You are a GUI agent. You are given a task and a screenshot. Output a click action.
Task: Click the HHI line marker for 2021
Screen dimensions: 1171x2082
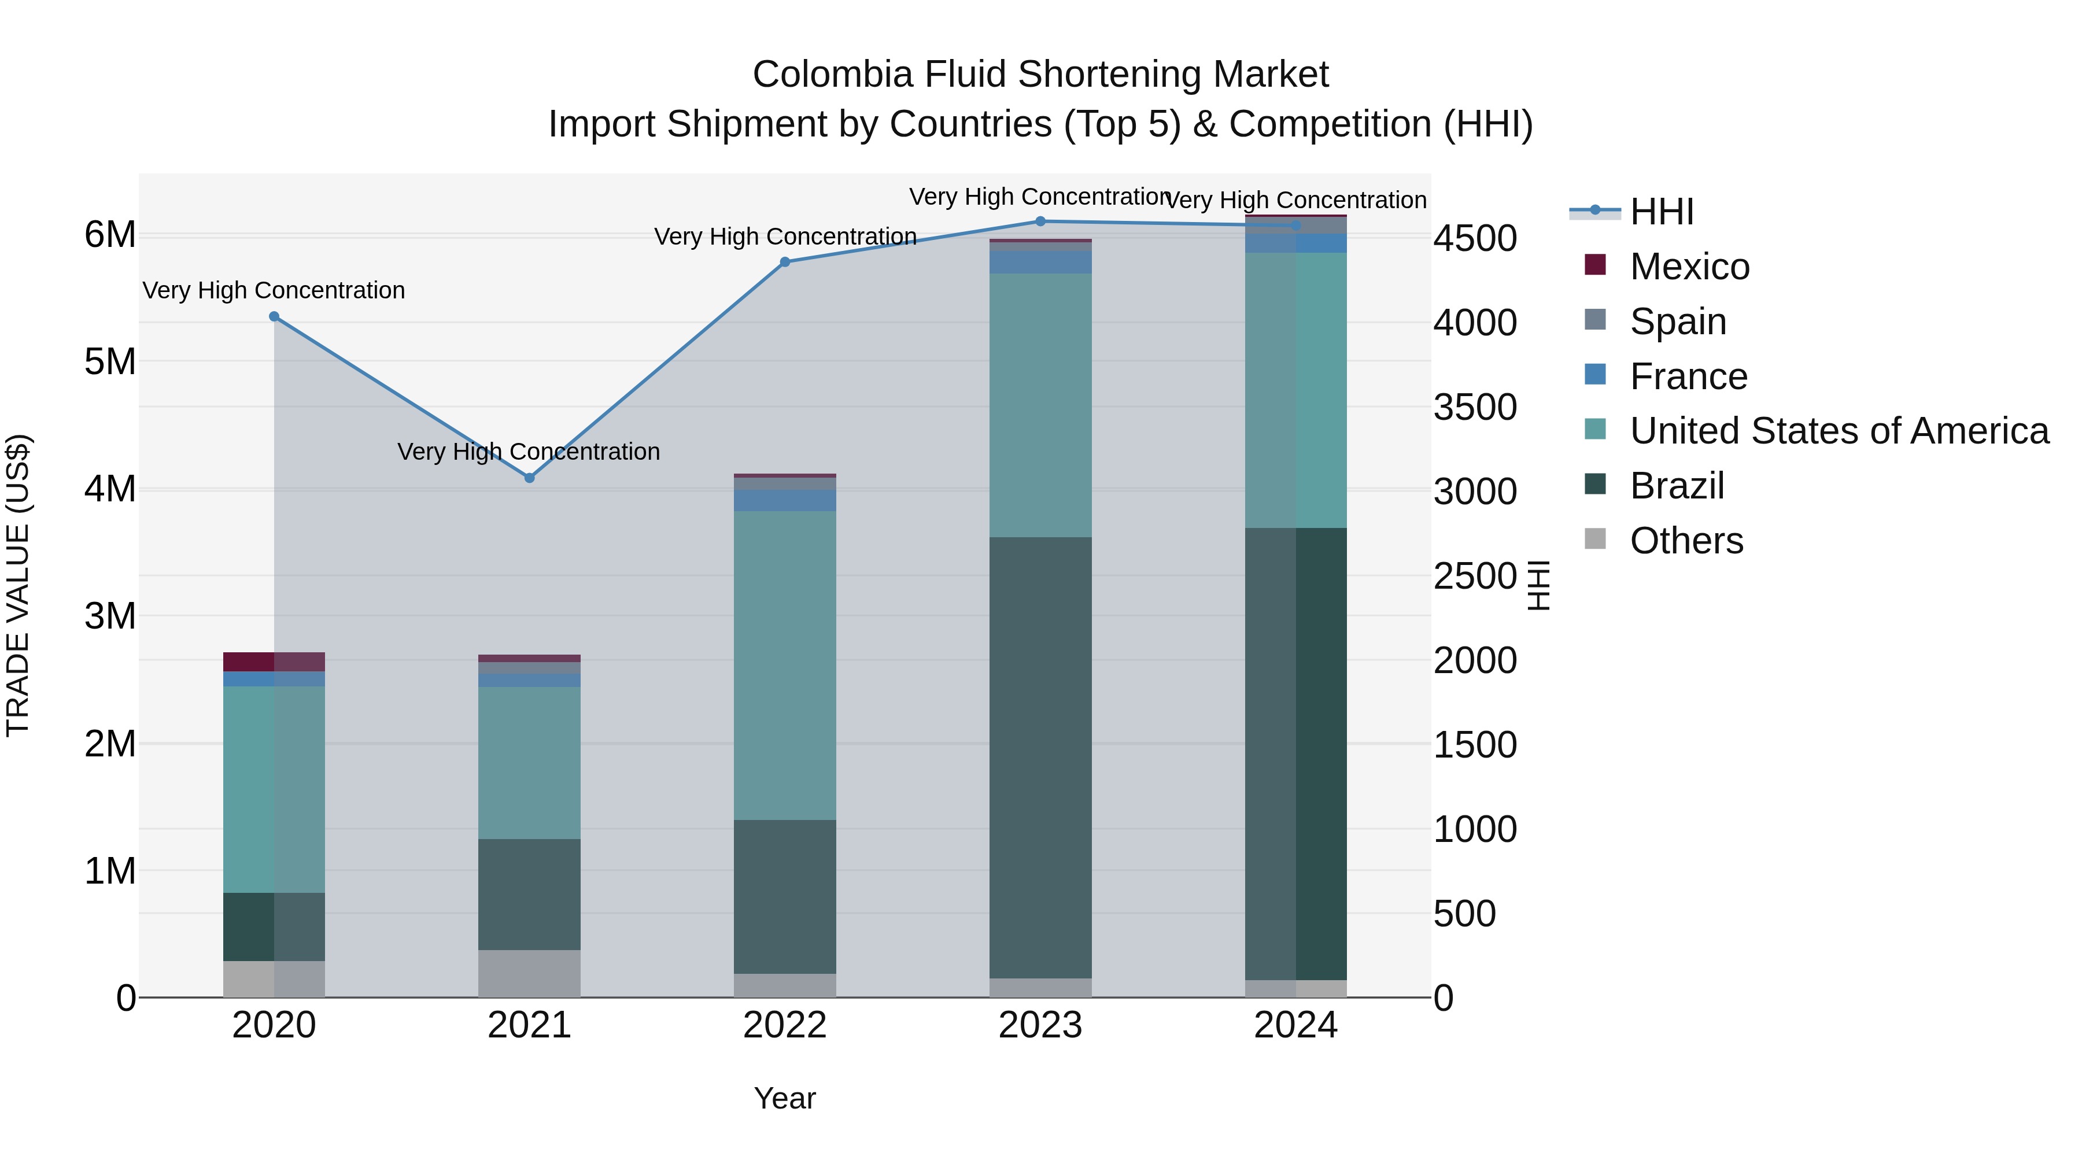pyautogui.click(x=529, y=478)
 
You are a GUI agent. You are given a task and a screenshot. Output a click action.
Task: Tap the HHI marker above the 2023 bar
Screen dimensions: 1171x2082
pyautogui.click(x=1040, y=221)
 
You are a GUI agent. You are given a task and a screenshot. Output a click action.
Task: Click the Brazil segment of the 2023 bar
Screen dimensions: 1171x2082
pyautogui.click(x=1040, y=757)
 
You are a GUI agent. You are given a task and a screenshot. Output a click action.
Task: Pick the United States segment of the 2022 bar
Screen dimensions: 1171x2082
pyautogui.click(x=785, y=665)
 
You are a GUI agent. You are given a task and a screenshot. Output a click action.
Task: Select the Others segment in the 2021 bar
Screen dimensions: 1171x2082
pyautogui.click(x=529, y=974)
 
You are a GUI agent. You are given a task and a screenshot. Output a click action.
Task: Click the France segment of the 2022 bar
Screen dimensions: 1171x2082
pyautogui.click(x=785, y=500)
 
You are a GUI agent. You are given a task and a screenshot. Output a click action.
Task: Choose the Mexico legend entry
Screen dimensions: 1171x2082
pyautogui.click(x=1689, y=267)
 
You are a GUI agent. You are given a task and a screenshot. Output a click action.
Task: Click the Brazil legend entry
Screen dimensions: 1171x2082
pyautogui.click(x=1677, y=486)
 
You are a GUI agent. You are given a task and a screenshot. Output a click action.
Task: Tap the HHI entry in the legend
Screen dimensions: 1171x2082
pyautogui.click(x=1662, y=212)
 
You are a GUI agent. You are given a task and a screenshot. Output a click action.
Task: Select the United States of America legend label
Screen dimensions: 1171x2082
pyautogui.click(x=1839, y=431)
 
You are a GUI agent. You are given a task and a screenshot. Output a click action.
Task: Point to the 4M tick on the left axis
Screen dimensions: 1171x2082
pyautogui.click(x=110, y=489)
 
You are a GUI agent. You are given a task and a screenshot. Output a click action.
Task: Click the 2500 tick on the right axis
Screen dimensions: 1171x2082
pyautogui.click(x=1475, y=576)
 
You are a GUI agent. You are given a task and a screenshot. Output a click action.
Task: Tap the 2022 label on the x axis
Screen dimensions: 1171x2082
pyautogui.click(x=785, y=1025)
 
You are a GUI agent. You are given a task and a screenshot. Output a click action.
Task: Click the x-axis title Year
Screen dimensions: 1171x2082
pyautogui.click(x=785, y=1098)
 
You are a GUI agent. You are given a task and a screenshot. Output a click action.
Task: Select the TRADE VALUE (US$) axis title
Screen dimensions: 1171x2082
pyautogui.click(x=18, y=585)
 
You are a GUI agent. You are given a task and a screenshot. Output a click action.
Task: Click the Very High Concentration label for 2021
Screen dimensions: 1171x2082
pyautogui.click(x=529, y=452)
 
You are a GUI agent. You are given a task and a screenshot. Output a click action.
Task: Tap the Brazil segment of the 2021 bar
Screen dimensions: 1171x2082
pyautogui.click(x=529, y=894)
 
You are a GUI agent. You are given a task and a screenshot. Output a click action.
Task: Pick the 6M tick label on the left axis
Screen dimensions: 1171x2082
pyautogui.click(x=110, y=235)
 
